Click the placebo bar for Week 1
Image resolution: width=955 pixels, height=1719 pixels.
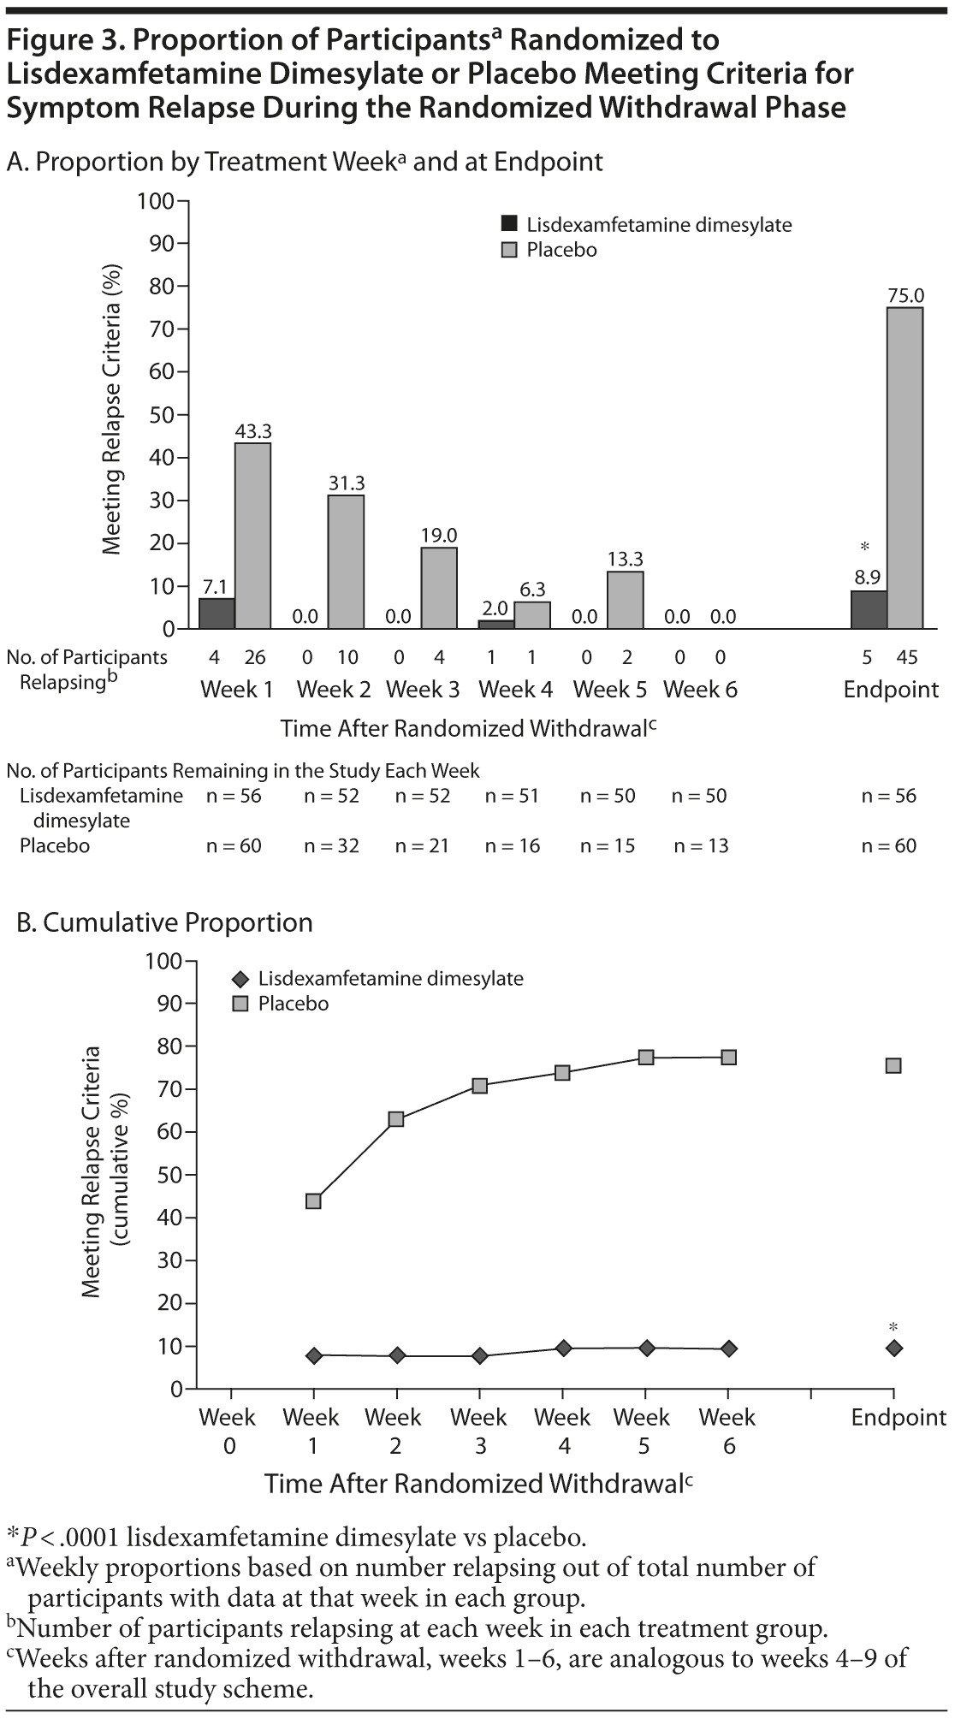point(253,536)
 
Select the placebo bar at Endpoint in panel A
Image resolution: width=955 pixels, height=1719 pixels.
point(905,468)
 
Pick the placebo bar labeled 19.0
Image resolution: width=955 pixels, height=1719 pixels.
point(438,588)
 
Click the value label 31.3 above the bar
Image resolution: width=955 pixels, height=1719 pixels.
point(347,483)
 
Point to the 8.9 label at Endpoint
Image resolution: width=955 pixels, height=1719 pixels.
point(867,578)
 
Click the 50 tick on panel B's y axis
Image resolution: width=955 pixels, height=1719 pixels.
point(168,1175)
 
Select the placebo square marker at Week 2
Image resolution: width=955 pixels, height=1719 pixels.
point(396,1119)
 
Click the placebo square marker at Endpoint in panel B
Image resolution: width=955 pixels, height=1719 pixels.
point(893,1066)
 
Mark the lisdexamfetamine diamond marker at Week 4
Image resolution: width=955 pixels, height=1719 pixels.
point(563,1349)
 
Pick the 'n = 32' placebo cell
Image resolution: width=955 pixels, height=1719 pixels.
point(331,846)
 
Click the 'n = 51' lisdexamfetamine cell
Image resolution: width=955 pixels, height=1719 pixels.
point(512,796)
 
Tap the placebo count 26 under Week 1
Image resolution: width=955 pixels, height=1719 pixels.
point(255,657)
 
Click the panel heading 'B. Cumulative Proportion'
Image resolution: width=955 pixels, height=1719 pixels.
point(165,922)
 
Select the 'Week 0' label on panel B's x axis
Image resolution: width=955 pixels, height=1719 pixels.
point(228,1431)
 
